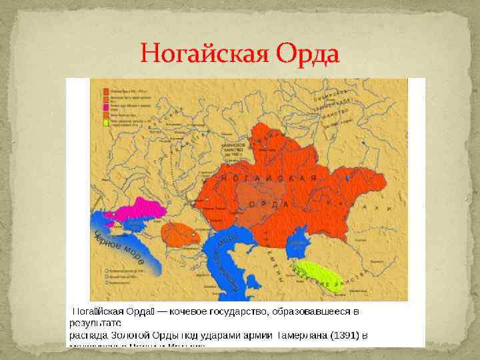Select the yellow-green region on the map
click(x=317, y=273)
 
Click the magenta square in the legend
click(x=106, y=108)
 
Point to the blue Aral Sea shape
click(x=301, y=237)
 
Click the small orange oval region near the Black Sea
click(x=180, y=233)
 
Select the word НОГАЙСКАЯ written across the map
click(x=267, y=179)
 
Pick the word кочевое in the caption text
click(x=198, y=311)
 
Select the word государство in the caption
click(x=255, y=311)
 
